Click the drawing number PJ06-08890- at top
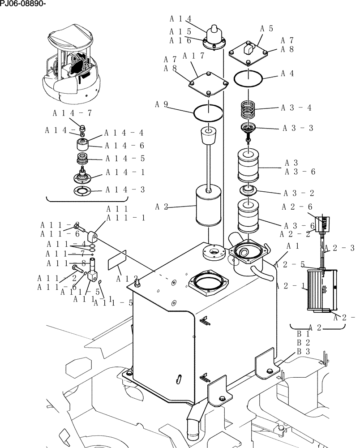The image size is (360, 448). pos(23,4)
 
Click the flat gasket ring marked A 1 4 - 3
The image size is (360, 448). pos(82,191)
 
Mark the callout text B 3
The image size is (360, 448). pos(304,352)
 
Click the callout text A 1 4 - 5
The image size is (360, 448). pos(125,159)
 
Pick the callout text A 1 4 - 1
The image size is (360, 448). pos(125,172)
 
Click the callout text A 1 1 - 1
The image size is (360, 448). pos(125,218)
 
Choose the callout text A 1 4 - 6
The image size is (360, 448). pos(125,146)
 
